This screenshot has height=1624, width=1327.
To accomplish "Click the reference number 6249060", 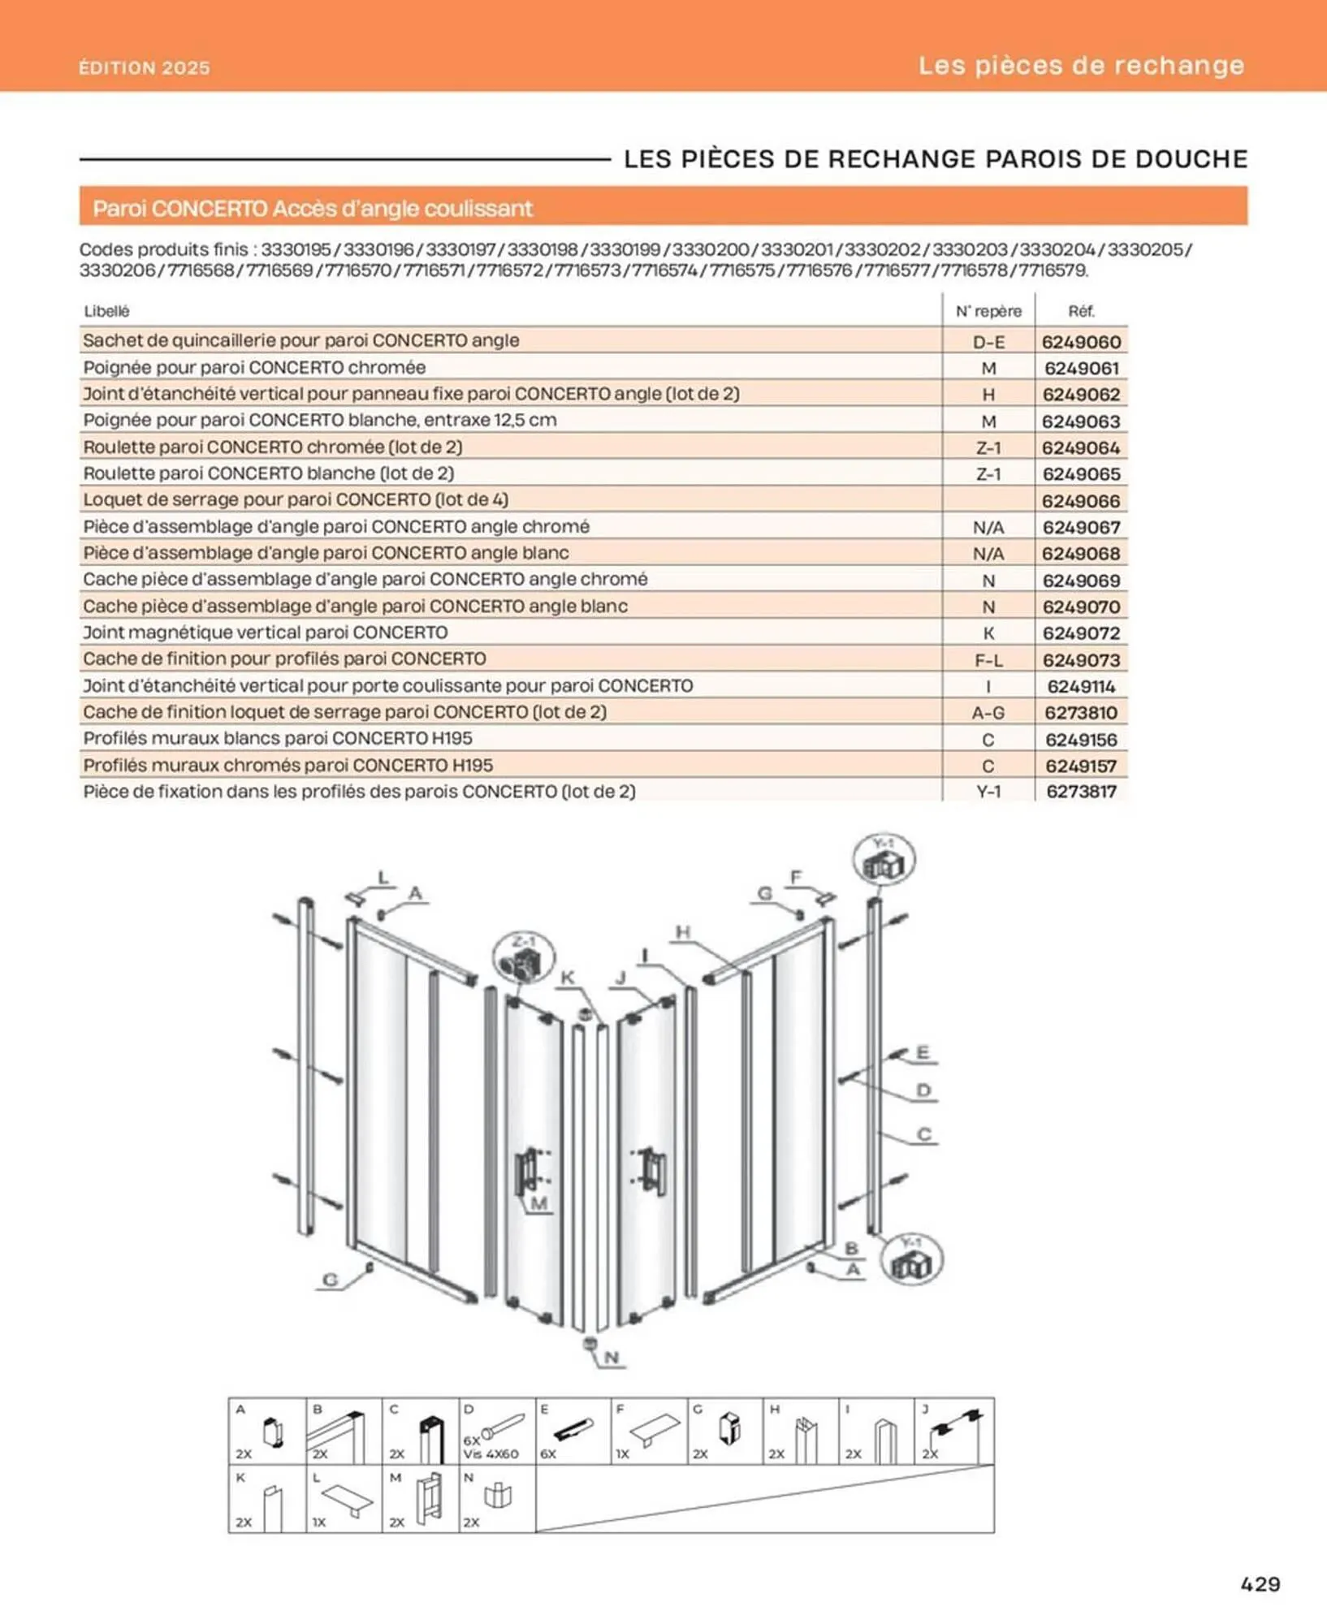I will click(x=1081, y=342).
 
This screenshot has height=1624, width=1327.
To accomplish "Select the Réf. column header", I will click(x=1081, y=311).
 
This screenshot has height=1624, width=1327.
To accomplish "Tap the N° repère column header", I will click(x=988, y=311).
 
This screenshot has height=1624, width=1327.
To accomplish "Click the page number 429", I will click(x=1260, y=1583).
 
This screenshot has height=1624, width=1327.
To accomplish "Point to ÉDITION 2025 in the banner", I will click(x=145, y=67).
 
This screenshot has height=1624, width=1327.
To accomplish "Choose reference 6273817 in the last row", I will click(x=1081, y=792).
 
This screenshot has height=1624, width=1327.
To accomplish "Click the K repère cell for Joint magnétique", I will click(x=988, y=633).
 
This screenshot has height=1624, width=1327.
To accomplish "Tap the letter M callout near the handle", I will click(x=539, y=1203).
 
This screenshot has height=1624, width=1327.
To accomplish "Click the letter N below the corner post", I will click(x=612, y=1357).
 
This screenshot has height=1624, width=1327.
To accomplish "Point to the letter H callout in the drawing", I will click(x=683, y=932).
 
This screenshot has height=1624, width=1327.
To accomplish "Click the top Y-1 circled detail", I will click(x=884, y=859).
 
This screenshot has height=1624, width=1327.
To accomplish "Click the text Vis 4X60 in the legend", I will click(x=491, y=1453).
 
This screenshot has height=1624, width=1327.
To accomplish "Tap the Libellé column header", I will click(x=106, y=311).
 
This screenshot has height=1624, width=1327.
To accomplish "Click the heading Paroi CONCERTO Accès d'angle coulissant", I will click(x=313, y=209).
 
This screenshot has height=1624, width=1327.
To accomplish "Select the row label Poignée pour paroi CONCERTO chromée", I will click(x=254, y=368).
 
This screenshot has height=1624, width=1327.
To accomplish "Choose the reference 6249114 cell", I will click(x=1081, y=687).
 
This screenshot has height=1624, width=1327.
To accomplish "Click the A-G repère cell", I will click(x=988, y=713).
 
